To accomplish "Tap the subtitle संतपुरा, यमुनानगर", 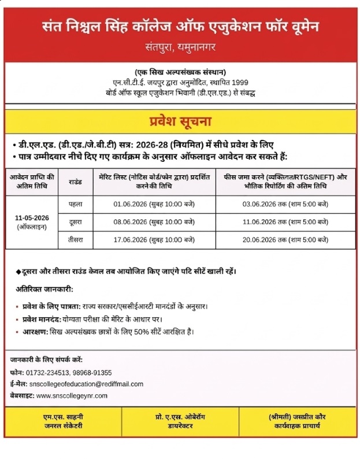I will tap(180, 45).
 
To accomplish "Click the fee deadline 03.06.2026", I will tap(261, 204).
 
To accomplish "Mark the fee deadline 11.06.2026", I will tap(261, 221).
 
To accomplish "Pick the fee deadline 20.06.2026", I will tap(261, 239).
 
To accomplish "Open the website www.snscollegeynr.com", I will tap(72, 395).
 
